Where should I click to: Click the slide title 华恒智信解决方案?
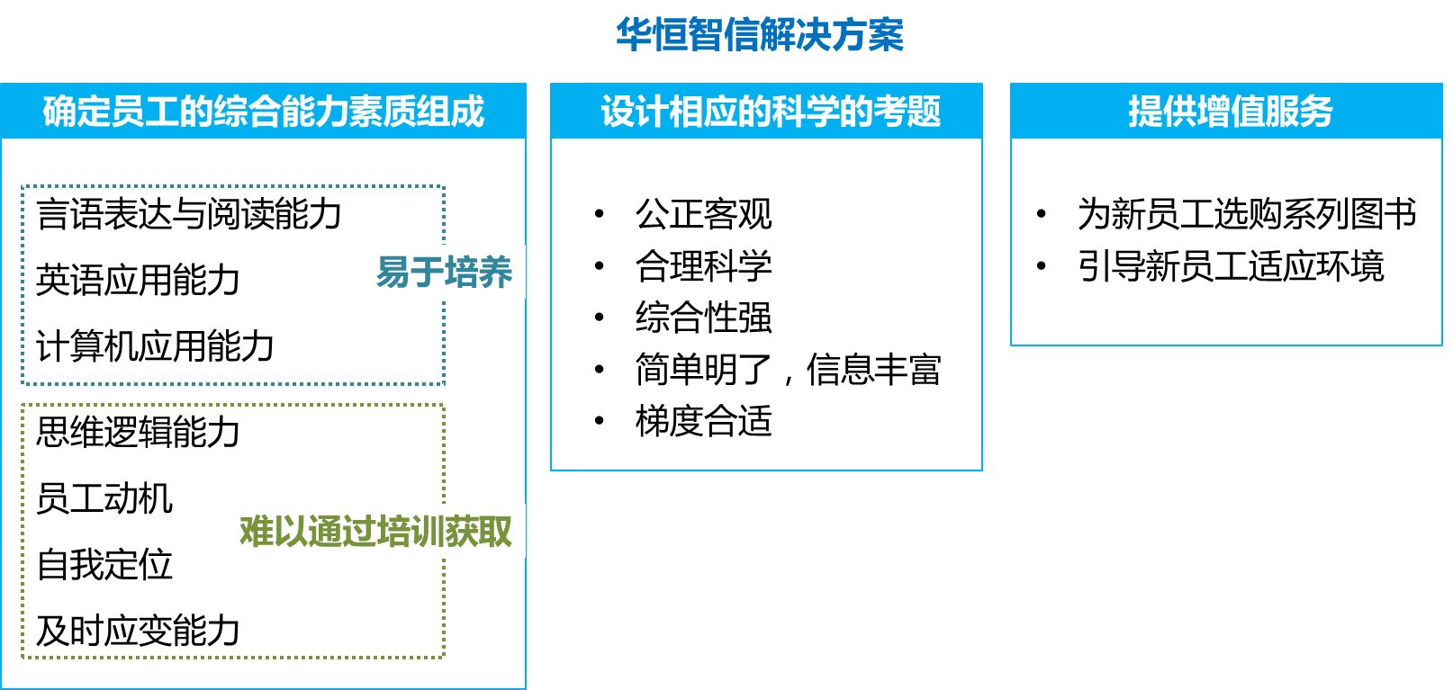click(760, 35)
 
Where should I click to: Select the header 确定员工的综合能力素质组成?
click(263, 112)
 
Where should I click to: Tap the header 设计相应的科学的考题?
click(771, 112)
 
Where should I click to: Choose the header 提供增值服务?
click(1230, 112)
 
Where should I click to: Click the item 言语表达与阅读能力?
click(189, 214)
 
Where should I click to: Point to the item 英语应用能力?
click(138, 280)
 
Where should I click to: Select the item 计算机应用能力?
click(155, 346)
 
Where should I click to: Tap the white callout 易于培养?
click(444, 272)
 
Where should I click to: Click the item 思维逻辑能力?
click(138, 432)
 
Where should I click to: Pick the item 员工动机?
click(104, 498)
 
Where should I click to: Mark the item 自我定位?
click(104, 565)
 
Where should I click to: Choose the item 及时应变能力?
click(138, 631)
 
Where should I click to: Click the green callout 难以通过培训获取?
click(375, 531)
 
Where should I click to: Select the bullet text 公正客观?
click(703, 214)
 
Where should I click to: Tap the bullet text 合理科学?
click(703, 266)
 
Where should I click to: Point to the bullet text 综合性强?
click(703, 318)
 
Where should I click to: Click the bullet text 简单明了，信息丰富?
click(788, 370)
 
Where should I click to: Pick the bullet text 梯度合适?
click(703, 421)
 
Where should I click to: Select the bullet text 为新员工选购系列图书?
click(1247, 214)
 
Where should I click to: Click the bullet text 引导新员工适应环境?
click(1231, 266)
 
